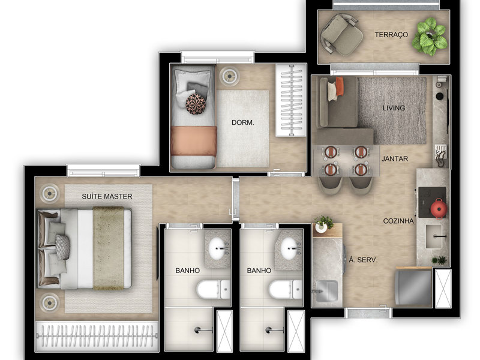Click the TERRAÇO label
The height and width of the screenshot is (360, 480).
391,35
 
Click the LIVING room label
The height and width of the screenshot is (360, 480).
394,109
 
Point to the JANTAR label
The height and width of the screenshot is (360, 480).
394,159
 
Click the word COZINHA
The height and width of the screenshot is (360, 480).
398,221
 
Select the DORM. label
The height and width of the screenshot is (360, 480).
243,123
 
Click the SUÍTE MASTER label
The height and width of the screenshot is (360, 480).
107,197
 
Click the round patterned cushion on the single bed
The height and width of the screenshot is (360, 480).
196,104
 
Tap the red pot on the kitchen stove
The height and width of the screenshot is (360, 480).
438,207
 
